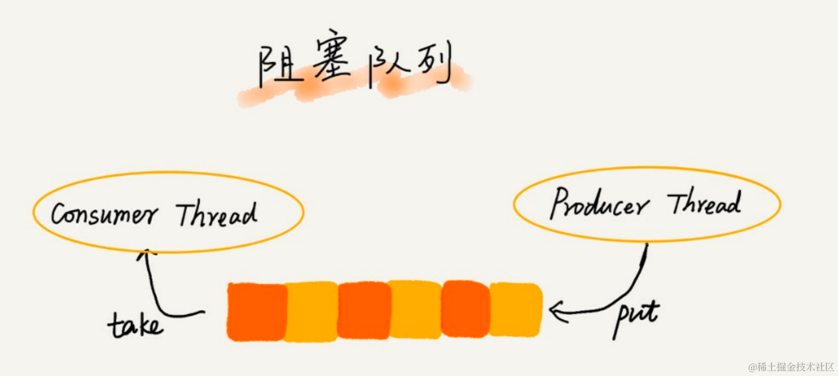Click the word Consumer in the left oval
(103, 214)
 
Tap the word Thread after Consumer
(216, 214)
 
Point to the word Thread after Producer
(705, 204)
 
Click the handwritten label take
(135, 325)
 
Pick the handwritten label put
(637, 316)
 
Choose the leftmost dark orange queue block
(256, 312)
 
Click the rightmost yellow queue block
(516, 310)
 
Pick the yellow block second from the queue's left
(311, 312)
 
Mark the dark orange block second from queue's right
(465, 308)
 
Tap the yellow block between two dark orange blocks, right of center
(415, 310)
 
